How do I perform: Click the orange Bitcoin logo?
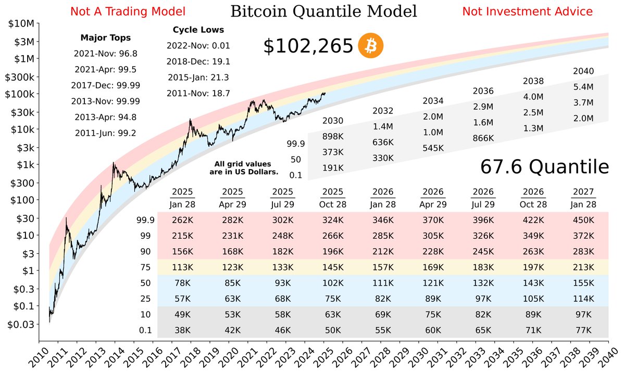click(370, 47)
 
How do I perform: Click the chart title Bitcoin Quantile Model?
click(323, 11)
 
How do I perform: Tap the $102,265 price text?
click(308, 47)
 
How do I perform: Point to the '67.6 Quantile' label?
click(544, 167)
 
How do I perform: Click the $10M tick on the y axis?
click(20, 24)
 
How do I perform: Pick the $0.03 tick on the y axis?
click(20, 324)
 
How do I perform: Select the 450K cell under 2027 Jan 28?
click(583, 220)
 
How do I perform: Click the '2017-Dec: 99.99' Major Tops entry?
click(105, 85)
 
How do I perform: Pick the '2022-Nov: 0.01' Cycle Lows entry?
click(198, 46)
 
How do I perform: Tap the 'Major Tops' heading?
click(105, 37)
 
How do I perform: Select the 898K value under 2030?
click(333, 136)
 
